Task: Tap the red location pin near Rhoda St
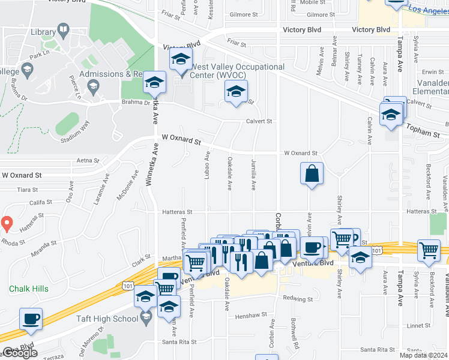point(7,224)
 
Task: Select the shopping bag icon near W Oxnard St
point(312,174)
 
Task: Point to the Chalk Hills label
point(28,289)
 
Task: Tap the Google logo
point(20,353)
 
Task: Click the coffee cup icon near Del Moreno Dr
point(31,319)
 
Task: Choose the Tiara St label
point(28,189)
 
